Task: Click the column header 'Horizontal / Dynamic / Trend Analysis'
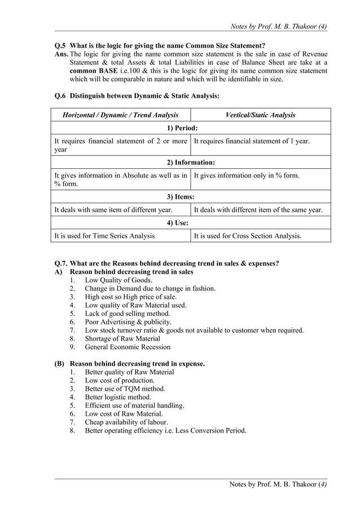120,115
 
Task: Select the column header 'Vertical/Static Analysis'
260,115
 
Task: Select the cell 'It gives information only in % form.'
246,176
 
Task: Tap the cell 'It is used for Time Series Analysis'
104,236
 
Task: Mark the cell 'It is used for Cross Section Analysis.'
247,236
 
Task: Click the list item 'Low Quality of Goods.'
118,280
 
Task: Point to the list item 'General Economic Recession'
128,347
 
